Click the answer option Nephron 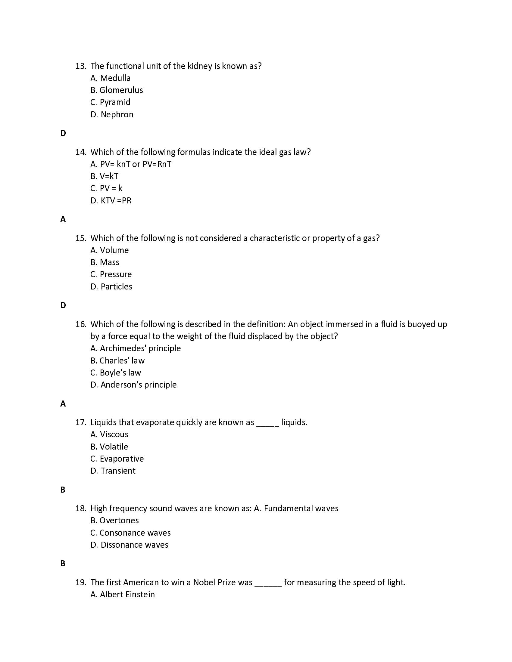pyautogui.click(x=117, y=115)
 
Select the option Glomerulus pyautogui.click(x=121, y=90)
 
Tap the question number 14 pyautogui.click(x=80, y=152)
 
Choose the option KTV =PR pyautogui.click(x=116, y=201)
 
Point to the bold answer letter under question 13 pyautogui.click(x=63, y=133)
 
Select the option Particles pyautogui.click(x=116, y=287)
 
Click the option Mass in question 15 pyautogui.click(x=109, y=262)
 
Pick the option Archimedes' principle pyautogui.click(x=140, y=348)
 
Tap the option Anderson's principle pyautogui.click(x=138, y=385)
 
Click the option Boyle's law pyautogui.click(x=120, y=373)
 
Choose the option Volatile pyautogui.click(x=114, y=447)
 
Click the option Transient pyautogui.click(x=118, y=471)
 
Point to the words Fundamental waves pyautogui.click(x=301, y=509)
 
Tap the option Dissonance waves pyautogui.click(x=134, y=545)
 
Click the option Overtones pyautogui.click(x=119, y=521)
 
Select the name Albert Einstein pyautogui.click(x=127, y=595)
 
